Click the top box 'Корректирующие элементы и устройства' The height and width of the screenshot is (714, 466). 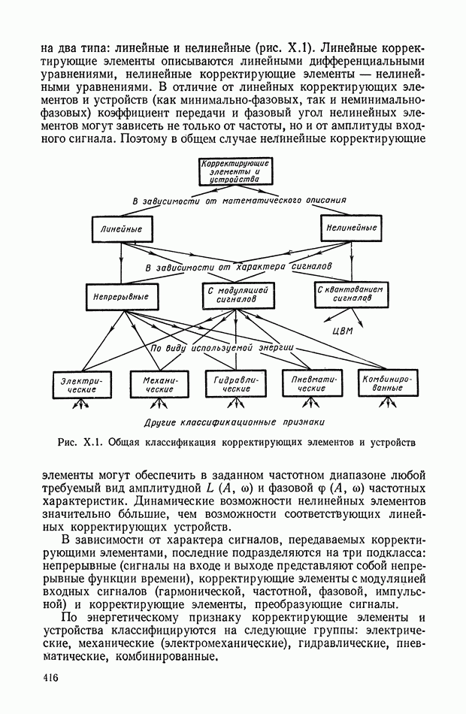[x=232, y=172]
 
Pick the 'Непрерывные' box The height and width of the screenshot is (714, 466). [x=120, y=296]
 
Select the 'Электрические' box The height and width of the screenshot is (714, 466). [x=81, y=385]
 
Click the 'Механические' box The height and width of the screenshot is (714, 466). [x=159, y=385]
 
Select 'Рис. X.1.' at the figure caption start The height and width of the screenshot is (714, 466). [x=76, y=442]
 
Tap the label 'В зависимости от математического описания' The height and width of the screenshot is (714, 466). [x=239, y=201]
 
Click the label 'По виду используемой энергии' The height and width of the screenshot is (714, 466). [x=222, y=349]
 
